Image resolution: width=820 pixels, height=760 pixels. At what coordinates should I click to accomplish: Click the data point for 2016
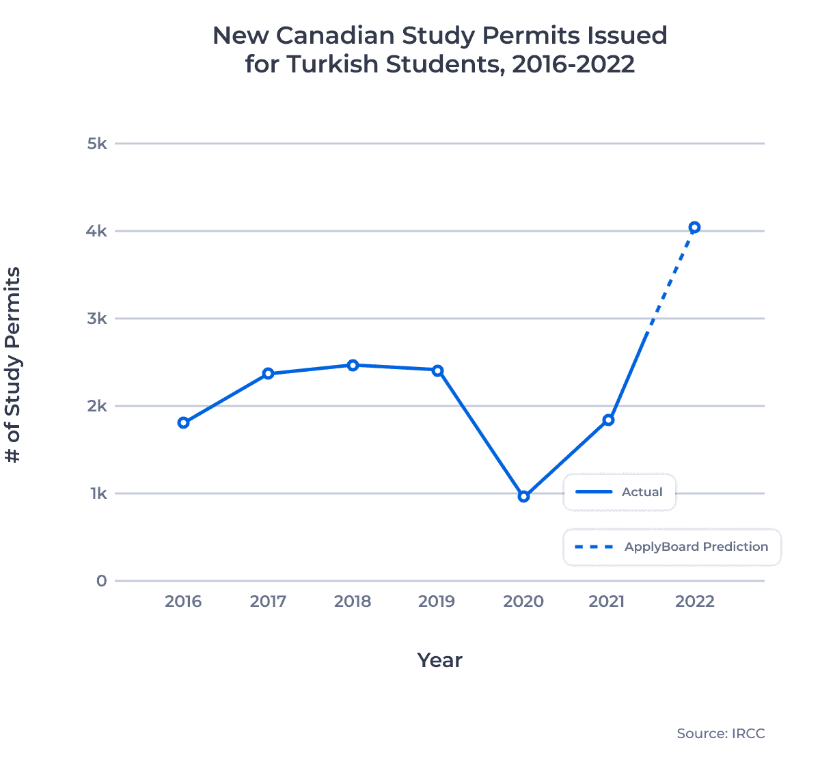point(183,423)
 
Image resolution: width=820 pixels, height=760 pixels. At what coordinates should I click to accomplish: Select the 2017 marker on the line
point(268,374)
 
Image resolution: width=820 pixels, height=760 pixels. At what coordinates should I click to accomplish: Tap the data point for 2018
point(353,365)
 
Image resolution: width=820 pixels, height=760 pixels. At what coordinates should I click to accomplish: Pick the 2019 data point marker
point(437,370)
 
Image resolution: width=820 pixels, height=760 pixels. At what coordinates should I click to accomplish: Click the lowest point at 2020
point(523,497)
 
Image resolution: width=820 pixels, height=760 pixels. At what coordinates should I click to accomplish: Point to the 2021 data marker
point(608,420)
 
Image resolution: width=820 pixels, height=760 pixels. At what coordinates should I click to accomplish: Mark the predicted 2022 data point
point(694,228)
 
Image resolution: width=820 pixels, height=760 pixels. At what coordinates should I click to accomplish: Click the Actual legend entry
point(619,492)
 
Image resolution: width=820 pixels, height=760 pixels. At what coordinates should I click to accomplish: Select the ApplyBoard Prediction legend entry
point(672,547)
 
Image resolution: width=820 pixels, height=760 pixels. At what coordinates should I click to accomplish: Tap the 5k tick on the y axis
point(97,144)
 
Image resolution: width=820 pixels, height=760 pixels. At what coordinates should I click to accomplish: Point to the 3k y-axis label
point(97,318)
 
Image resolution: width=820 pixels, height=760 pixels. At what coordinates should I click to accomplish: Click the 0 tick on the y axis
point(102,581)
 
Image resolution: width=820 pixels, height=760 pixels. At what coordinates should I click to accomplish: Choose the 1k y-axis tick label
point(98,493)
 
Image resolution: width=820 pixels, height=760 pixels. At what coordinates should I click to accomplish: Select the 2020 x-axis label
point(523,601)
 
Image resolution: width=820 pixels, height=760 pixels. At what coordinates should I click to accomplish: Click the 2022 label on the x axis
point(694,601)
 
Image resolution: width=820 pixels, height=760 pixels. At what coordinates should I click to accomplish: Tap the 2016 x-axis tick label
point(183,601)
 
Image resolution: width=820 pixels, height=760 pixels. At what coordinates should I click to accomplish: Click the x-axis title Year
point(439,660)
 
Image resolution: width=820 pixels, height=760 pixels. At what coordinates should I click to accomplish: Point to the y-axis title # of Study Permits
point(13,365)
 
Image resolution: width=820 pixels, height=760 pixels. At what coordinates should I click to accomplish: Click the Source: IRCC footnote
point(720,733)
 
